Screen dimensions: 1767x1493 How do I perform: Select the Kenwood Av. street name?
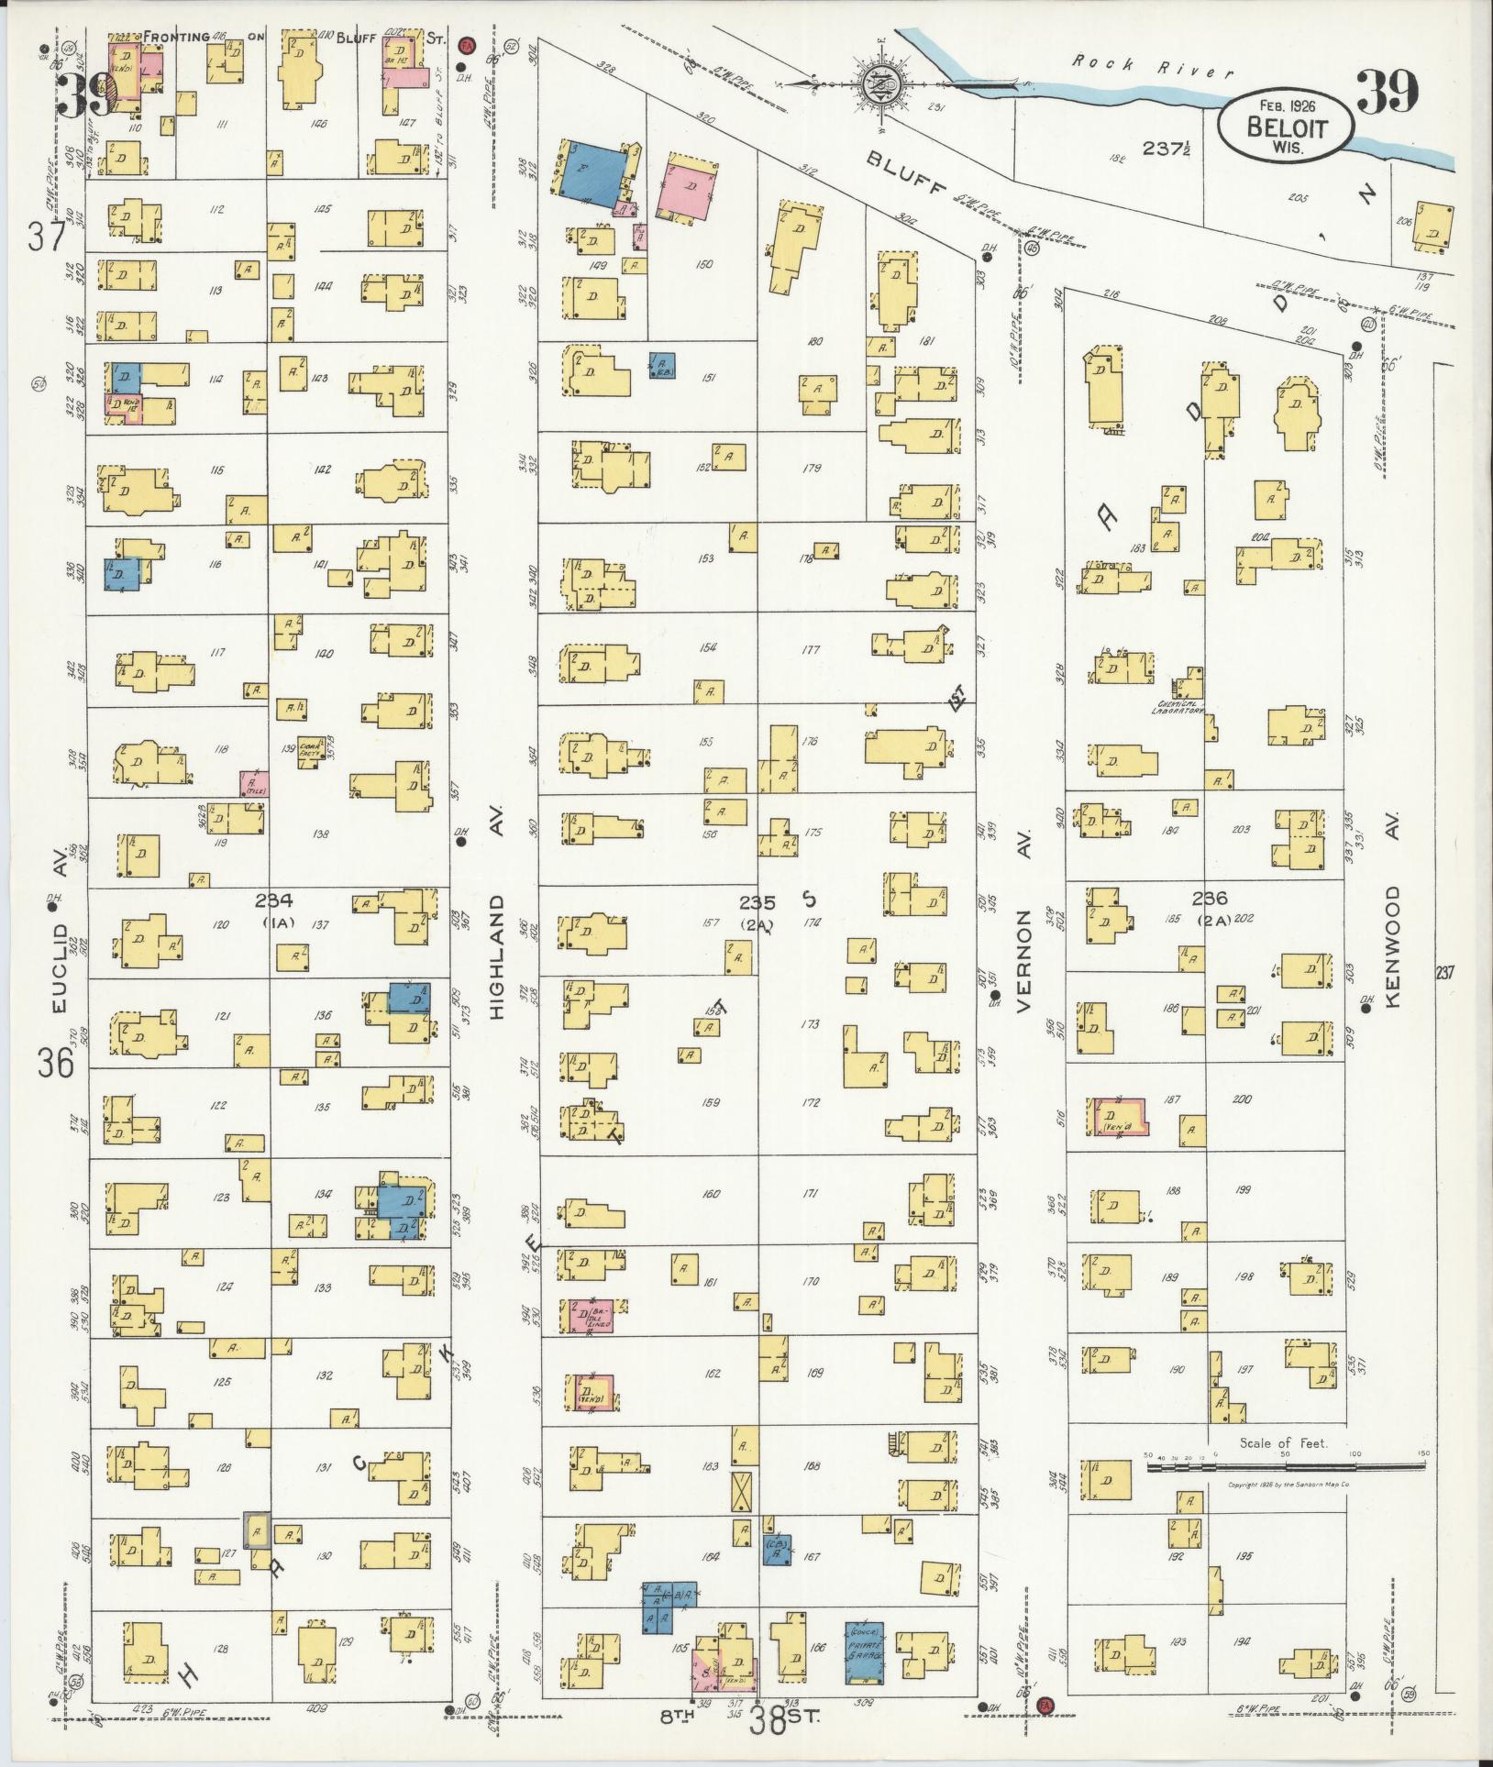pos(1396,946)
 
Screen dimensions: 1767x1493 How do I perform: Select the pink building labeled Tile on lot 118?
pos(253,782)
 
